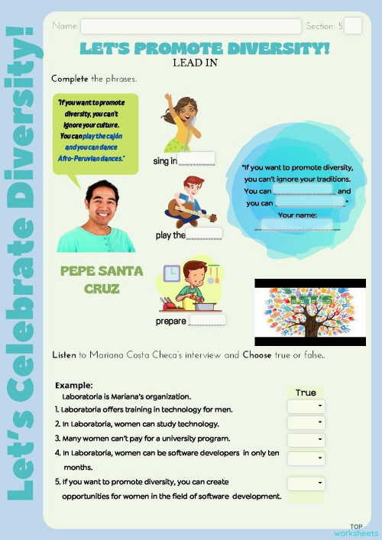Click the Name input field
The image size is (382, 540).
pos(190,27)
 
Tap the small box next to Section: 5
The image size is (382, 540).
pos(352,26)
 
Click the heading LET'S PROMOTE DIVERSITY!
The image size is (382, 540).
pos(205,49)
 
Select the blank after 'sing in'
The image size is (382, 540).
pos(196,159)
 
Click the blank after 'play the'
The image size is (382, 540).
pos(204,234)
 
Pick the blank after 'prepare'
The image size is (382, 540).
pos(206,319)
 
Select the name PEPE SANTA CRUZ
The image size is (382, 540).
pos(91,280)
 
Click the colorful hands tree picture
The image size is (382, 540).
pos(309,312)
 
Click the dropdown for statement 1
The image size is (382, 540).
pos(306,406)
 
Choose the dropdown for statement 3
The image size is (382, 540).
pos(306,440)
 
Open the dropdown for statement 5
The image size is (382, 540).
pos(306,483)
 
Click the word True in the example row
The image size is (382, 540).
pos(306,393)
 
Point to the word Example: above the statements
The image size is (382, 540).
pos(74,386)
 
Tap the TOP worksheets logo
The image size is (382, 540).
pos(355,530)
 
